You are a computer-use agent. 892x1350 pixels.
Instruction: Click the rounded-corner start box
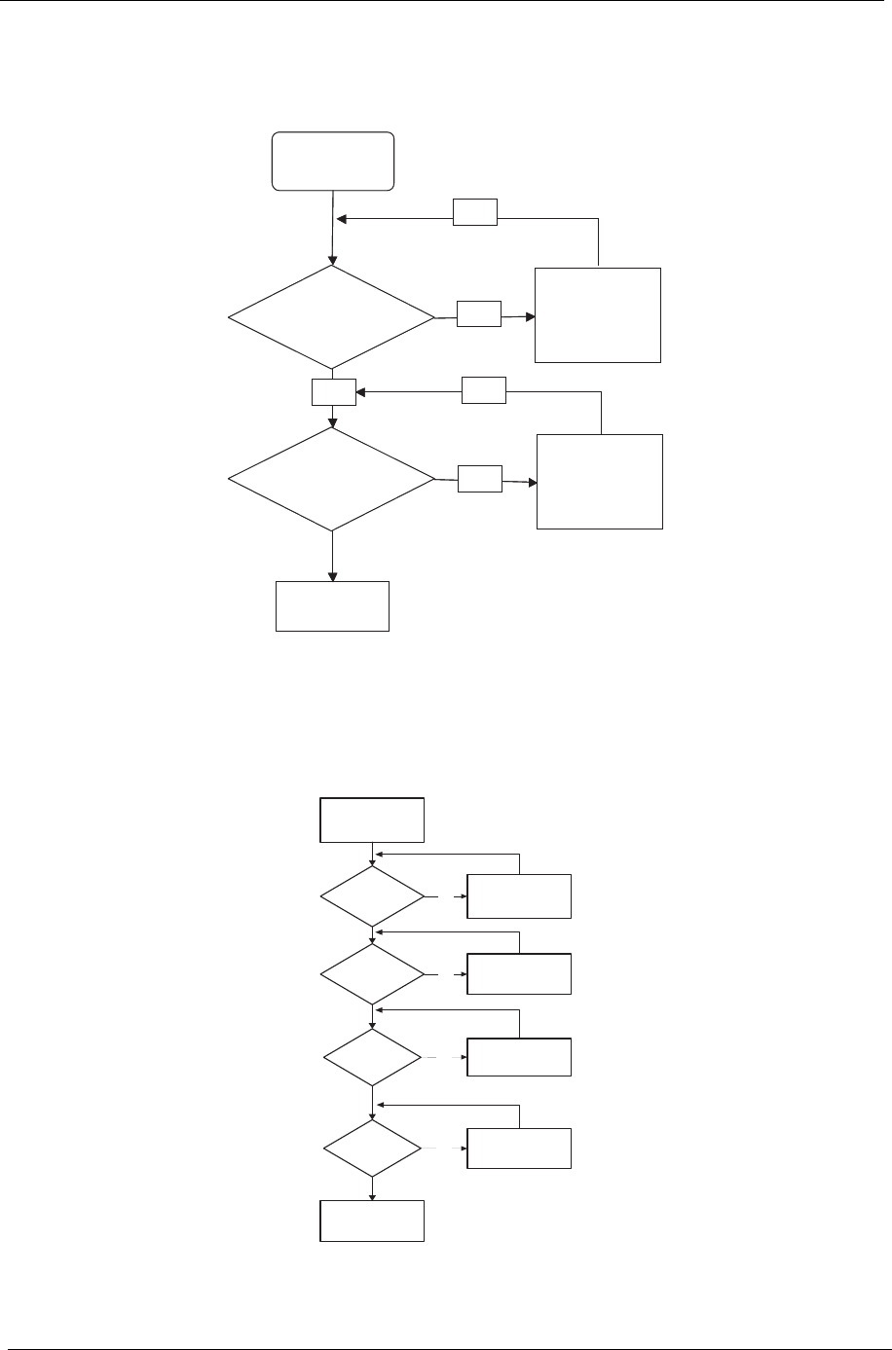(333, 161)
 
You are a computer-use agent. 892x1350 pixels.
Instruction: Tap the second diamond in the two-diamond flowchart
(332, 479)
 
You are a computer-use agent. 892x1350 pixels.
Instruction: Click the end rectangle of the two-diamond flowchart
(332, 606)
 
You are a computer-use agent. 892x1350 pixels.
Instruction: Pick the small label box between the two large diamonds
(333, 392)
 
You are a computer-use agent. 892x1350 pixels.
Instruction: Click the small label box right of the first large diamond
(479, 313)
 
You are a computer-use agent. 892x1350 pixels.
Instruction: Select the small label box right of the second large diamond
(480, 479)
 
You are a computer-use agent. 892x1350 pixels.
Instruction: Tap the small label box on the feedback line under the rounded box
(475, 212)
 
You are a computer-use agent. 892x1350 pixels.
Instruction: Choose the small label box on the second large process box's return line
(484, 391)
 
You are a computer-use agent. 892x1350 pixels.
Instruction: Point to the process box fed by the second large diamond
(600, 482)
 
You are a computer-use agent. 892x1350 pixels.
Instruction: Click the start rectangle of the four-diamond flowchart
(372, 821)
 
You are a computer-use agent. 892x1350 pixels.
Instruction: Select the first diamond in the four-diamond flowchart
(373, 896)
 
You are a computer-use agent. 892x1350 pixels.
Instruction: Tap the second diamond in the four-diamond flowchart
(373, 974)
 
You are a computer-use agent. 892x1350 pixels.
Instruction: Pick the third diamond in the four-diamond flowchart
(373, 1058)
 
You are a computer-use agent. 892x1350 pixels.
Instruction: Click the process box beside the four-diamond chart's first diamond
(519, 896)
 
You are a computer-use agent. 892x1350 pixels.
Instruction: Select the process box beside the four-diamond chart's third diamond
(519, 1057)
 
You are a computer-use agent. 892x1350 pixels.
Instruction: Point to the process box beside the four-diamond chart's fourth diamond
(519, 1149)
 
